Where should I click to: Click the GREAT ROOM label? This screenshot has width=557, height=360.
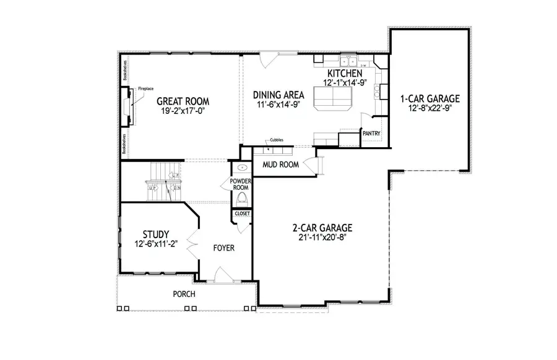(183, 101)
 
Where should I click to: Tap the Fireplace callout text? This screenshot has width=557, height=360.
(145, 88)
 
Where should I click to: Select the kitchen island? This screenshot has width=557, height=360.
(332, 97)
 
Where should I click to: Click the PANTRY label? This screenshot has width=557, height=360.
(371, 134)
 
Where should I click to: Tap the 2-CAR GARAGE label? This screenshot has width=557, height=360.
(319, 227)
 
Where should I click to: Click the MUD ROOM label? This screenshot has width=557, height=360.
(280, 165)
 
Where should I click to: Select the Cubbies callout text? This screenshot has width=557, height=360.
(277, 140)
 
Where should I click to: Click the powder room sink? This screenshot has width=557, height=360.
(241, 168)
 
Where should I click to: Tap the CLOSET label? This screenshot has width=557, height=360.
(242, 213)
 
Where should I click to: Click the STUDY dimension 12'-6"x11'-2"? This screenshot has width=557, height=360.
(156, 244)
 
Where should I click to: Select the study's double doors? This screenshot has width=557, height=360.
(193, 244)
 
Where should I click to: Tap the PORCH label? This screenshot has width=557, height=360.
(183, 294)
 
